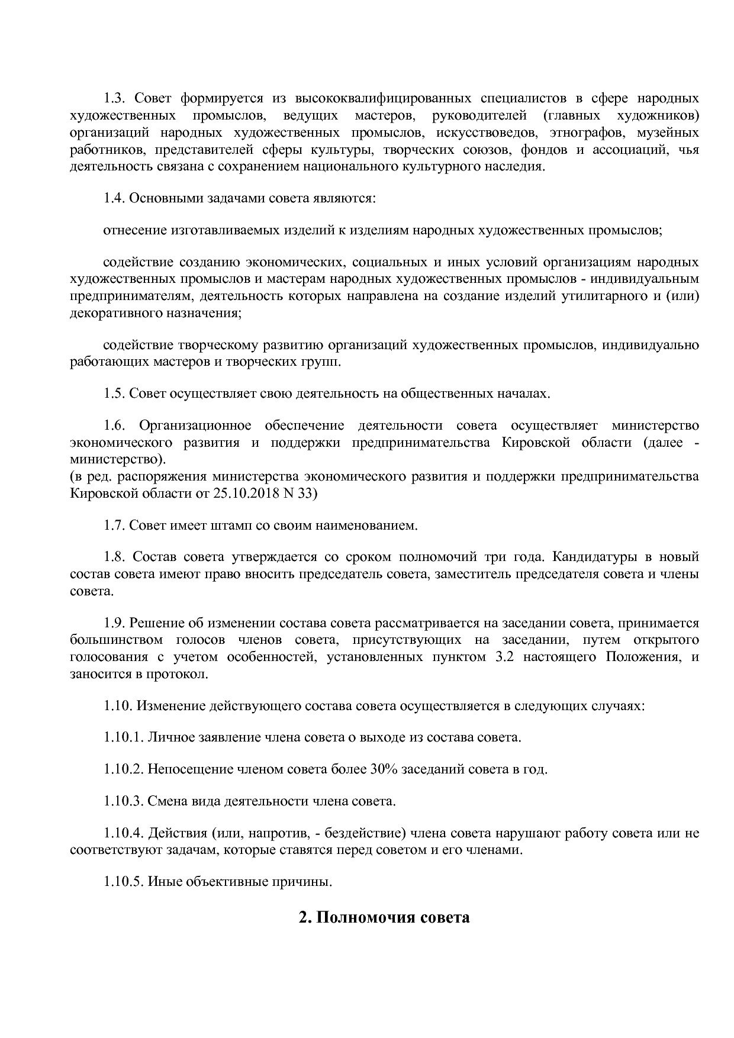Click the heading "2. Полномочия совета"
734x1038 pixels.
pos(384,918)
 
